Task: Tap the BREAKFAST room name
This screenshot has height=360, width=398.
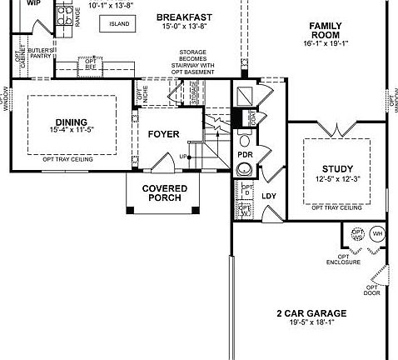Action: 183,17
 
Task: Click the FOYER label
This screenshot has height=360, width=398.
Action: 164,134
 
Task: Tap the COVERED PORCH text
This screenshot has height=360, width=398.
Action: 164,193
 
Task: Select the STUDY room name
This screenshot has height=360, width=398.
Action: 336,169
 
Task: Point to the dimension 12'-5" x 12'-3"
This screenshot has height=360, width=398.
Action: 336,179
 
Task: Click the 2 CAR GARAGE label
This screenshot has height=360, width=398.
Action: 311,313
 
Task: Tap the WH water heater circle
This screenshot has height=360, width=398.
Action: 376,233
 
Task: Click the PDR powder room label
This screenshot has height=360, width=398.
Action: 245,155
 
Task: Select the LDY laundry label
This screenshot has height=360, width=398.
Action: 268,196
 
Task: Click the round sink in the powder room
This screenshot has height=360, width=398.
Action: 244,169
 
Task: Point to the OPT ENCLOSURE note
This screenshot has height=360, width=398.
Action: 343,259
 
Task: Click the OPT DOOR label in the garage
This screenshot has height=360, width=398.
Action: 371,289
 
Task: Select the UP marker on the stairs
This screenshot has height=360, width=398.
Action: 183,157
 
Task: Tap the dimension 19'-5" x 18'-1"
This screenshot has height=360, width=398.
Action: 311,323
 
